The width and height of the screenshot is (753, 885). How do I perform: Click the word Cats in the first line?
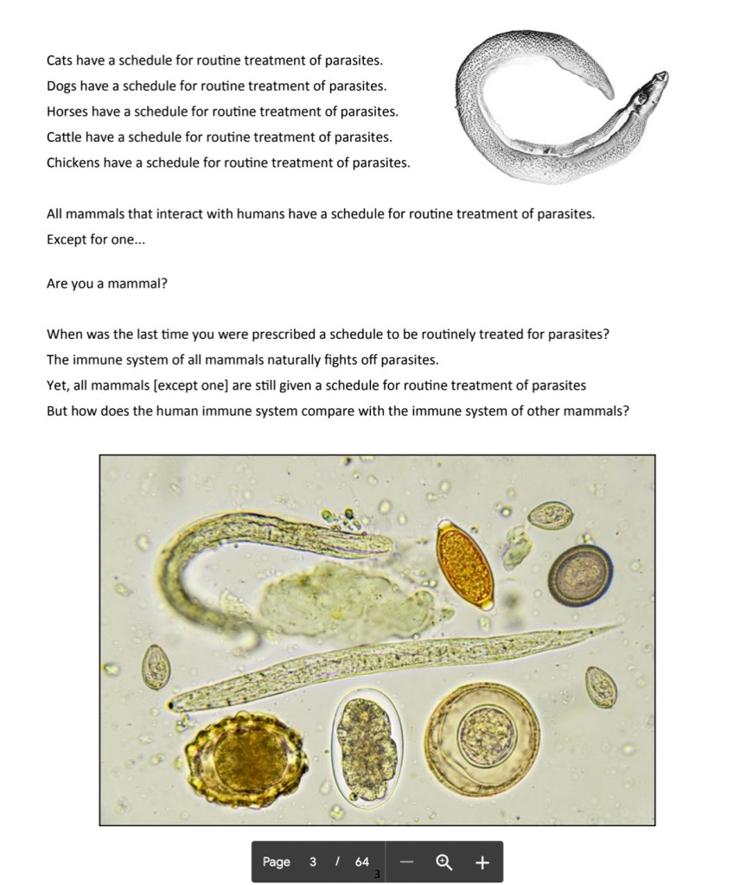61,60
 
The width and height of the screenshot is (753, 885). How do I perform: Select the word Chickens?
73,162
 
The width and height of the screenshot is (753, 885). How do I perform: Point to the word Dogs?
62,86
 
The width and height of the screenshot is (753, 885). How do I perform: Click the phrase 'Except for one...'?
96,239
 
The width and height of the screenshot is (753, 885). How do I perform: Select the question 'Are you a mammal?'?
106,283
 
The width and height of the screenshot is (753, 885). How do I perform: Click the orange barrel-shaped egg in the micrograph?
464,565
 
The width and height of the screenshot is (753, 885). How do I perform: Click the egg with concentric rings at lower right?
483,737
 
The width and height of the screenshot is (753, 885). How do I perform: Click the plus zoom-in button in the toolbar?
482,862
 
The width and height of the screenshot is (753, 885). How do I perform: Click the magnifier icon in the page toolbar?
444,862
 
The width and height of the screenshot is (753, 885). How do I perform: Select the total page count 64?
361,862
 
